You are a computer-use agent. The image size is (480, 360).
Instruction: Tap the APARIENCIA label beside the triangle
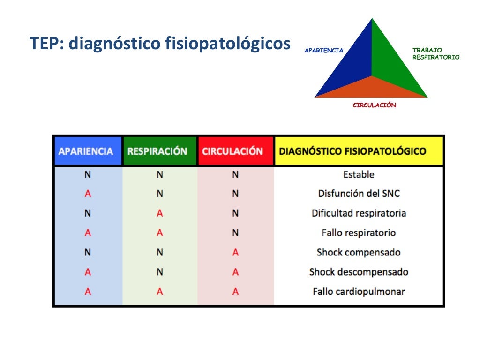324,50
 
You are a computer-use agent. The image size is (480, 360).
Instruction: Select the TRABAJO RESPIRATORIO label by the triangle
435,53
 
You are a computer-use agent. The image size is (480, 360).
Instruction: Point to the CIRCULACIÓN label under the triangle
374,105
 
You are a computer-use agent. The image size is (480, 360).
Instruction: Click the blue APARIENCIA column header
88,151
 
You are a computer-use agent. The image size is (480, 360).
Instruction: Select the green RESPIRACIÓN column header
160,151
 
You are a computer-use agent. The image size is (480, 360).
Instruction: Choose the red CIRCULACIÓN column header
235,151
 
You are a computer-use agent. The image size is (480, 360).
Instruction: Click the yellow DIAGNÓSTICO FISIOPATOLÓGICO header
359,151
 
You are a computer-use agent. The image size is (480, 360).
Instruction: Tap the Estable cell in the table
359,174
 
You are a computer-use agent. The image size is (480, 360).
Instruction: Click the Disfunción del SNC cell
359,194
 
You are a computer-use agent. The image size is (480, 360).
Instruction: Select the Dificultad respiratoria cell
359,213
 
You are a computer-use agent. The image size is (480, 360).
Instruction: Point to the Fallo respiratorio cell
359,232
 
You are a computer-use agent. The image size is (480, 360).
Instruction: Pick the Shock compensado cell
359,252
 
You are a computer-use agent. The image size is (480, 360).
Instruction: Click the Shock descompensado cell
359,272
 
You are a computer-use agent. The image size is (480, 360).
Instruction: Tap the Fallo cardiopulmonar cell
359,292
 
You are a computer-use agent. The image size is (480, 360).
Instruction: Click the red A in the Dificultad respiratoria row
160,213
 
